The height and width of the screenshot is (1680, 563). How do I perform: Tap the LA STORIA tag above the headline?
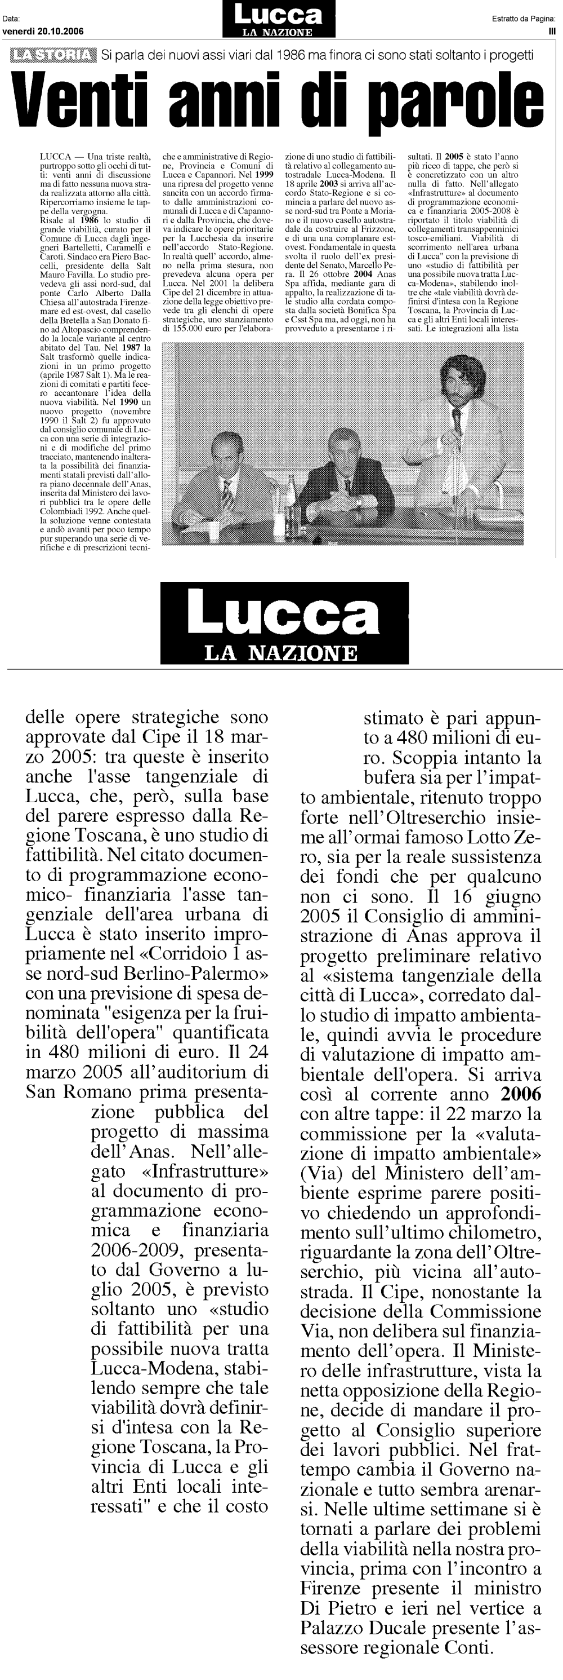(x=55, y=55)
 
